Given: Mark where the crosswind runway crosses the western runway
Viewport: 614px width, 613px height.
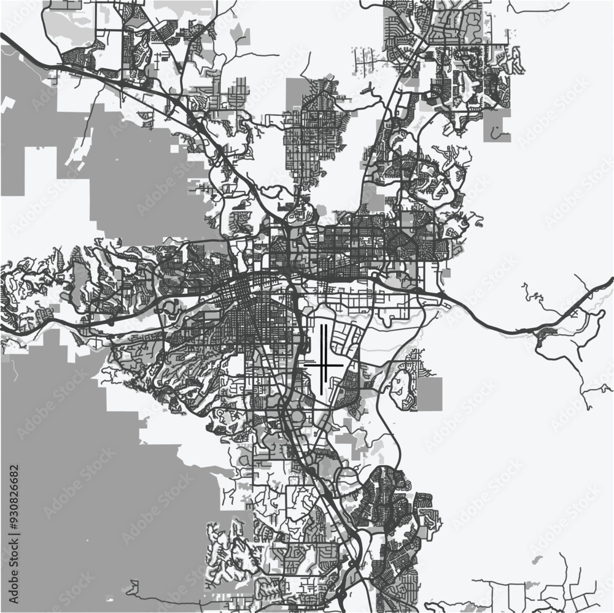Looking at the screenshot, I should tap(321, 365).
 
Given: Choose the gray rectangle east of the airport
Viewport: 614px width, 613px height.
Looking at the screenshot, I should tap(429, 393).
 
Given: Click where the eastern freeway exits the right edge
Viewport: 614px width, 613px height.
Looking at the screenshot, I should tap(610, 279).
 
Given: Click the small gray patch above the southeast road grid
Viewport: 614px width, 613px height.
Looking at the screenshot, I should tap(538, 560).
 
